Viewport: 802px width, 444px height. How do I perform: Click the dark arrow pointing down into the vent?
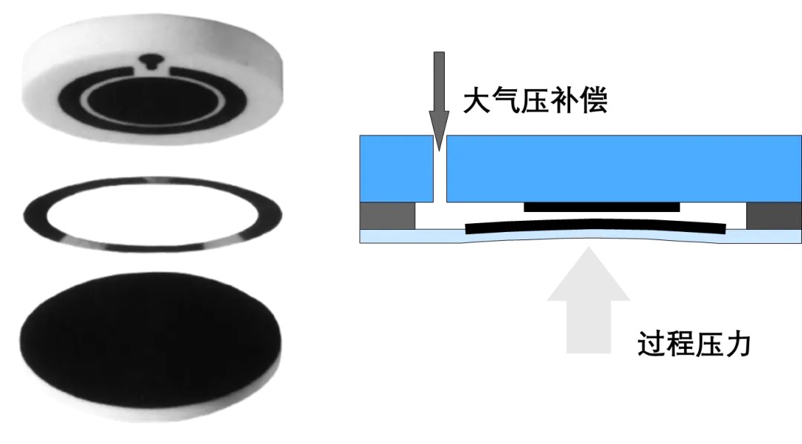[x=440, y=97]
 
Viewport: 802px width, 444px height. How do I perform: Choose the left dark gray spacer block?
[x=387, y=216]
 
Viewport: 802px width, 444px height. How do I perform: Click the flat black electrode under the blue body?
[x=601, y=207]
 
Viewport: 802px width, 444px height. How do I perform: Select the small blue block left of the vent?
[x=396, y=169]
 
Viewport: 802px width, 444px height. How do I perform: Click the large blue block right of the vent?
[x=624, y=167]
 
